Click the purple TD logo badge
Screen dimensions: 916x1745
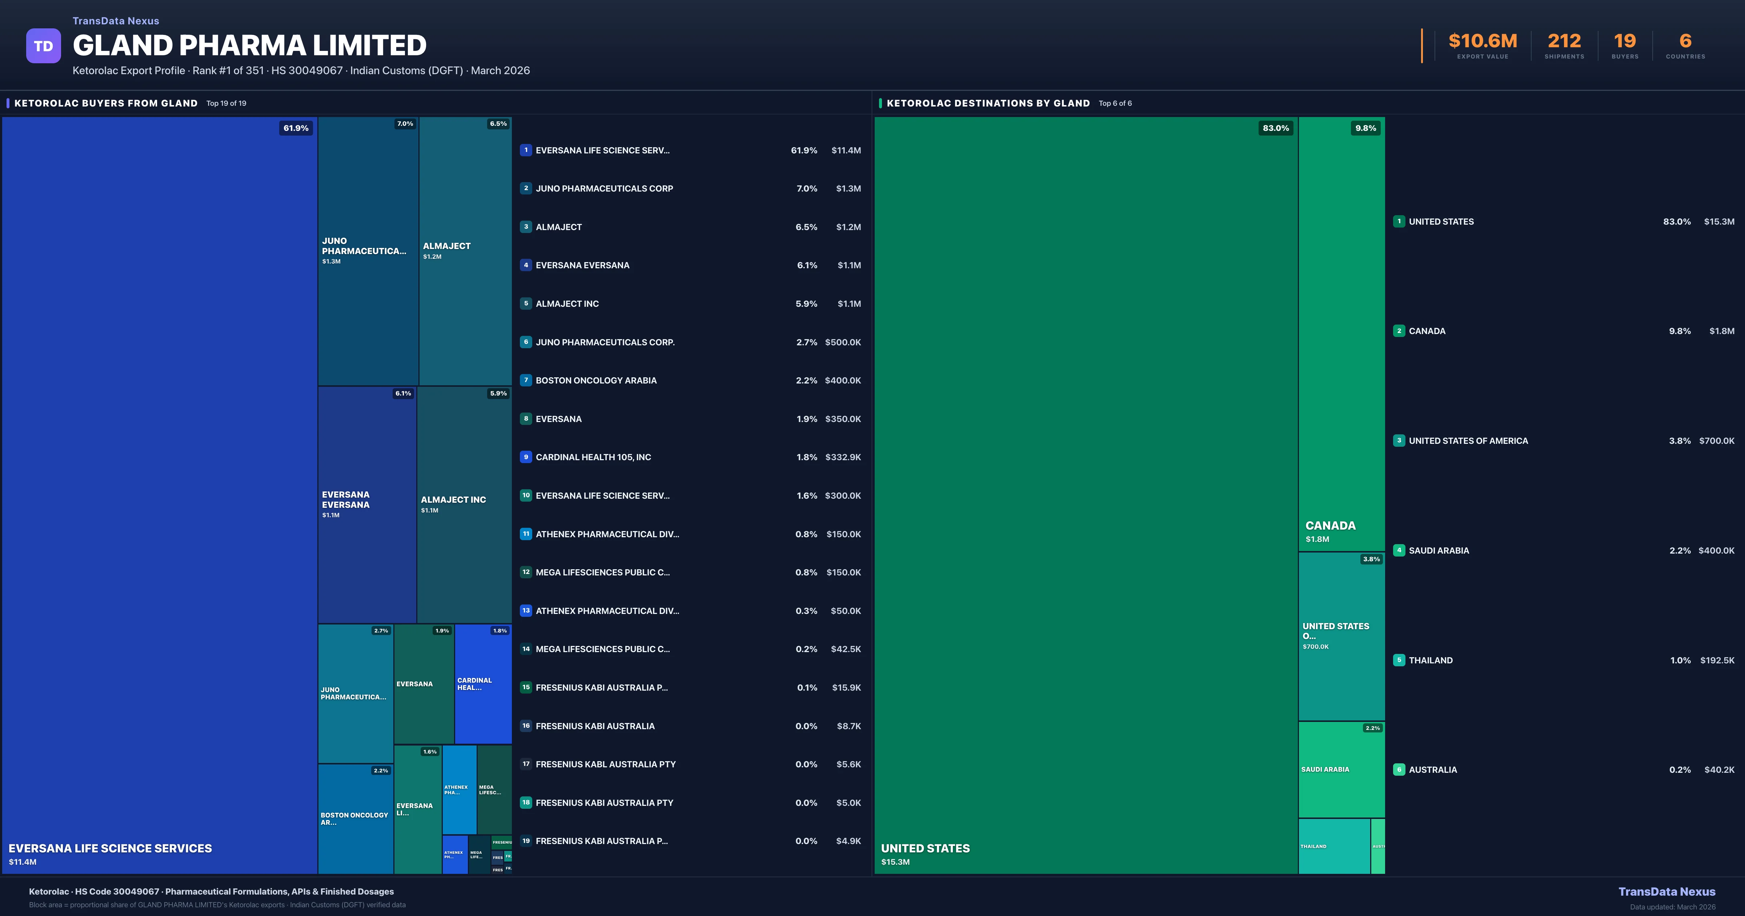point(43,46)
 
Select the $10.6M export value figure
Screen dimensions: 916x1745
point(1482,41)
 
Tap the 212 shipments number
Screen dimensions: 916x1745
point(1564,41)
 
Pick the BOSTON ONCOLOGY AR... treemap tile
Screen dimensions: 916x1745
point(354,819)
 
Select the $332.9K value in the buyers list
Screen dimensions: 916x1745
point(843,457)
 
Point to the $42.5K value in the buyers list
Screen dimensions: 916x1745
point(845,649)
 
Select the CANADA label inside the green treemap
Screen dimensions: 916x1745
point(1330,526)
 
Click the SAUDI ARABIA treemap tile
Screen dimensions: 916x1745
point(1341,770)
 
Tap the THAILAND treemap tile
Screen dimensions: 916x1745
point(1333,846)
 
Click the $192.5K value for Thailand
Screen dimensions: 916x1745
point(1717,660)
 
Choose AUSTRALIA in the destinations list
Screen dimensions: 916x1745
point(1432,770)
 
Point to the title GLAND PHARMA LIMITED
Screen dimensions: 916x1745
point(249,45)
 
